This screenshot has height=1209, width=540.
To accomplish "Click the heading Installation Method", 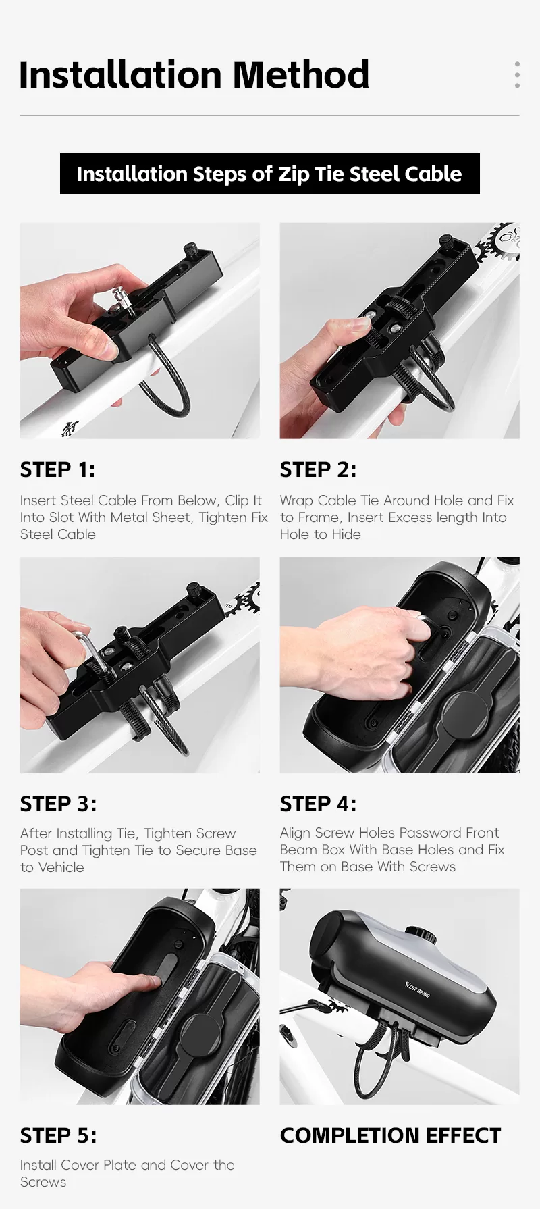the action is pyautogui.click(x=194, y=75).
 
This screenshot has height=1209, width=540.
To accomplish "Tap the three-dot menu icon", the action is pyautogui.click(x=517, y=75).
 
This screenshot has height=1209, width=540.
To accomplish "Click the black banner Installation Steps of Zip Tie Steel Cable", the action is pyautogui.click(x=270, y=174).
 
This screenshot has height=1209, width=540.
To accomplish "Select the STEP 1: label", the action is pyautogui.click(x=57, y=469).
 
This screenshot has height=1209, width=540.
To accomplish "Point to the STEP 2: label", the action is pyautogui.click(x=318, y=469).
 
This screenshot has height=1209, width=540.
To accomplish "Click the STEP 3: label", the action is pyautogui.click(x=58, y=804).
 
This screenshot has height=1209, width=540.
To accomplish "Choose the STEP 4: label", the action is pyautogui.click(x=318, y=804).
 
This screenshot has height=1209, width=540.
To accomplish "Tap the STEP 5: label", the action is pyautogui.click(x=58, y=1135).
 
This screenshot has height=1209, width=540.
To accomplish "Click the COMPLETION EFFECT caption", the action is pyautogui.click(x=390, y=1135).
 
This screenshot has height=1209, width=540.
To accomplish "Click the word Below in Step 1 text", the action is pyautogui.click(x=197, y=500).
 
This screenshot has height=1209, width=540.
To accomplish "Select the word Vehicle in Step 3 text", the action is pyautogui.click(x=61, y=867).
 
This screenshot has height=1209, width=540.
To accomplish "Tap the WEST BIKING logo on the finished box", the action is pyautogui.click(x=417, y=989).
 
